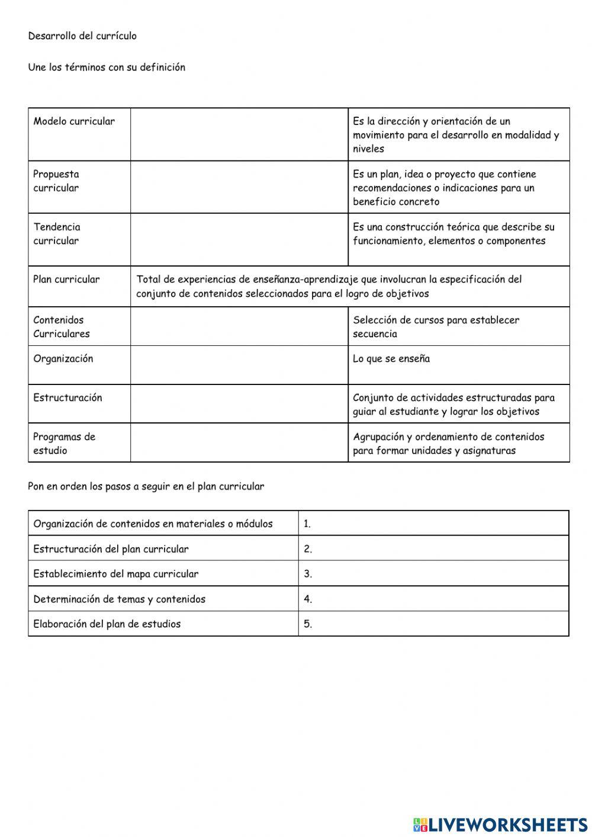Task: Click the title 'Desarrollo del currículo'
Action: pos(82,36)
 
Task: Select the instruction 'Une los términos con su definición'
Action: pos(107,68)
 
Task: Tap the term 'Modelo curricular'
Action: pos(74,121)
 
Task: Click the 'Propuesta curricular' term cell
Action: pos(56,181)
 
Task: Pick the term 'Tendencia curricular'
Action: pos(57,234)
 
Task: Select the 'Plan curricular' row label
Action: pos(66,280)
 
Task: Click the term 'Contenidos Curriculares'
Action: pos(62,327)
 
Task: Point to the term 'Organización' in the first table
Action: pos(63,359)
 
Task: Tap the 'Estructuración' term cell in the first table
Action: pos(67,398)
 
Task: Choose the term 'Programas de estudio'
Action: pos(64,444)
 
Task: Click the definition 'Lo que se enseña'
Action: pos(391,359)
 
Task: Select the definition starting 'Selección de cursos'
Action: pos(436,327)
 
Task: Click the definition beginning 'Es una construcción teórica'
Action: pos(453,234)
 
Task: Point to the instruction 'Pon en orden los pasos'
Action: pos(146,487)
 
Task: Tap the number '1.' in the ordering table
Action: pos(307,524)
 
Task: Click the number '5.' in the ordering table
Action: pos(308,624)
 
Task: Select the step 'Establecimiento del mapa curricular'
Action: pos(116,574)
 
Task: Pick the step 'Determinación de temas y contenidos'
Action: pos(120,599)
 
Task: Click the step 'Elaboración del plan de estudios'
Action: pos(107,624)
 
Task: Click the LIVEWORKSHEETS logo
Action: pos(500,824)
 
